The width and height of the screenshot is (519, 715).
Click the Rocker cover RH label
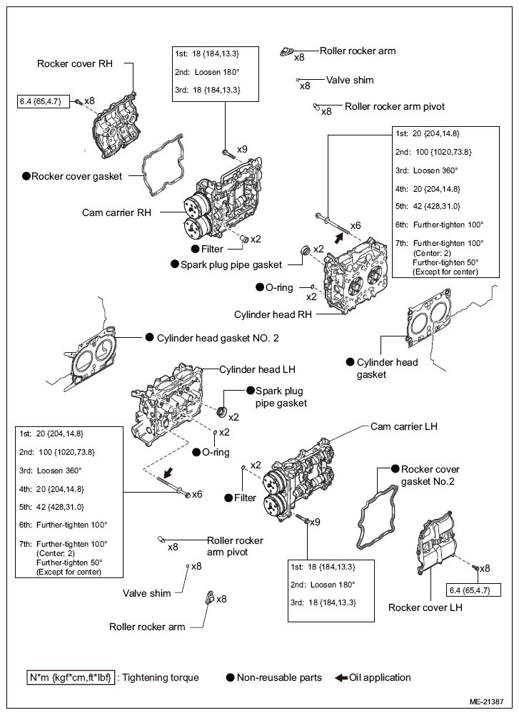click(75, 63)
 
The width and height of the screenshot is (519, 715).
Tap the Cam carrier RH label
click(116, 212)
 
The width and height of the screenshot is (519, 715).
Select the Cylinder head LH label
click(257, 369)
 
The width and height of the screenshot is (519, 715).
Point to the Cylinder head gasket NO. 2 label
click(218, 338)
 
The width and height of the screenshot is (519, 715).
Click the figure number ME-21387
click(486, 701)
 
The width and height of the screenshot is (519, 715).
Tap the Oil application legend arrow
click(341, 678)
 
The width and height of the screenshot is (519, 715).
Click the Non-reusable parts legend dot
click(231, 678)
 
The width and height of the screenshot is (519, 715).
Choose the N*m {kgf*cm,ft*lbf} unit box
click(70, 678)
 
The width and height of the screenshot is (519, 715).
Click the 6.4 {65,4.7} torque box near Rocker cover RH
click(44, 101)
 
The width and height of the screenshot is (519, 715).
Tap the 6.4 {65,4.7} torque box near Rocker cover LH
click(473, 590)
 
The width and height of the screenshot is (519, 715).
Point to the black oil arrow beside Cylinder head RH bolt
click(338, 237)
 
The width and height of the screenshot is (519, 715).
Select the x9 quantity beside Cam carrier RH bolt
click(242, 149)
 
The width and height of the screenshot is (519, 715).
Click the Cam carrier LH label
click(403, 426)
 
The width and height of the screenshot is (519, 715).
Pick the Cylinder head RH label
click(273, 314)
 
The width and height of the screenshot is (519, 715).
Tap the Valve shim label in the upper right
click(350, 81)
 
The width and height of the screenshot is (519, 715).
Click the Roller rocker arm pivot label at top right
click(394, 107)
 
